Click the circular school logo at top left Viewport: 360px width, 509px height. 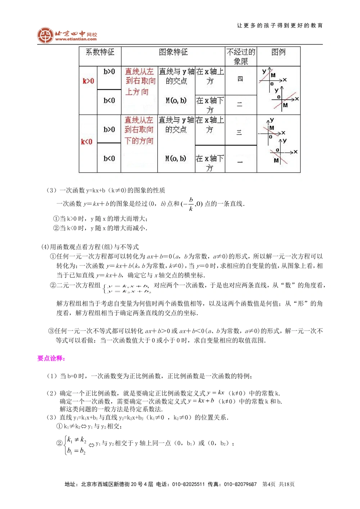[x=45, y=35]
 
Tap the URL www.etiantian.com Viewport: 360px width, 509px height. [x=76, y=39]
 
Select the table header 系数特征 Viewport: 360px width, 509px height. [x=100, y=52]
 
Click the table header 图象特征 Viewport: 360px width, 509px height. [x=173, y=52]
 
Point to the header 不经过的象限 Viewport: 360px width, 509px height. [x=241, y=56]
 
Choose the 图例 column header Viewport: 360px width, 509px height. [x=278, y=52]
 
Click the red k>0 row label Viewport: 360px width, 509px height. [x=88, y=81]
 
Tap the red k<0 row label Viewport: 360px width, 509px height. [x=87, y=142]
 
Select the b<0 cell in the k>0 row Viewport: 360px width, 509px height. [x=109, y=101]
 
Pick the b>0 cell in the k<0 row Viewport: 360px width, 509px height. [x=109, y=129]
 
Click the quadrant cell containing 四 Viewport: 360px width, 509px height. [x=240, y=79]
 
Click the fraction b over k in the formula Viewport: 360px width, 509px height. [x=191, y=204]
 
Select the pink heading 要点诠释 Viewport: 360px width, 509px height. [x=51, y=358]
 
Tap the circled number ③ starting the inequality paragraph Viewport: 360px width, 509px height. [x=51, y=331]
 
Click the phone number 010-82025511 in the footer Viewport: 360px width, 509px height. [x=188, y=484]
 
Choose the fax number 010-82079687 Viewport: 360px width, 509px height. [x=240, y=484]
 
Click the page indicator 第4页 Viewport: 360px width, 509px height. [x=269, y=484]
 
